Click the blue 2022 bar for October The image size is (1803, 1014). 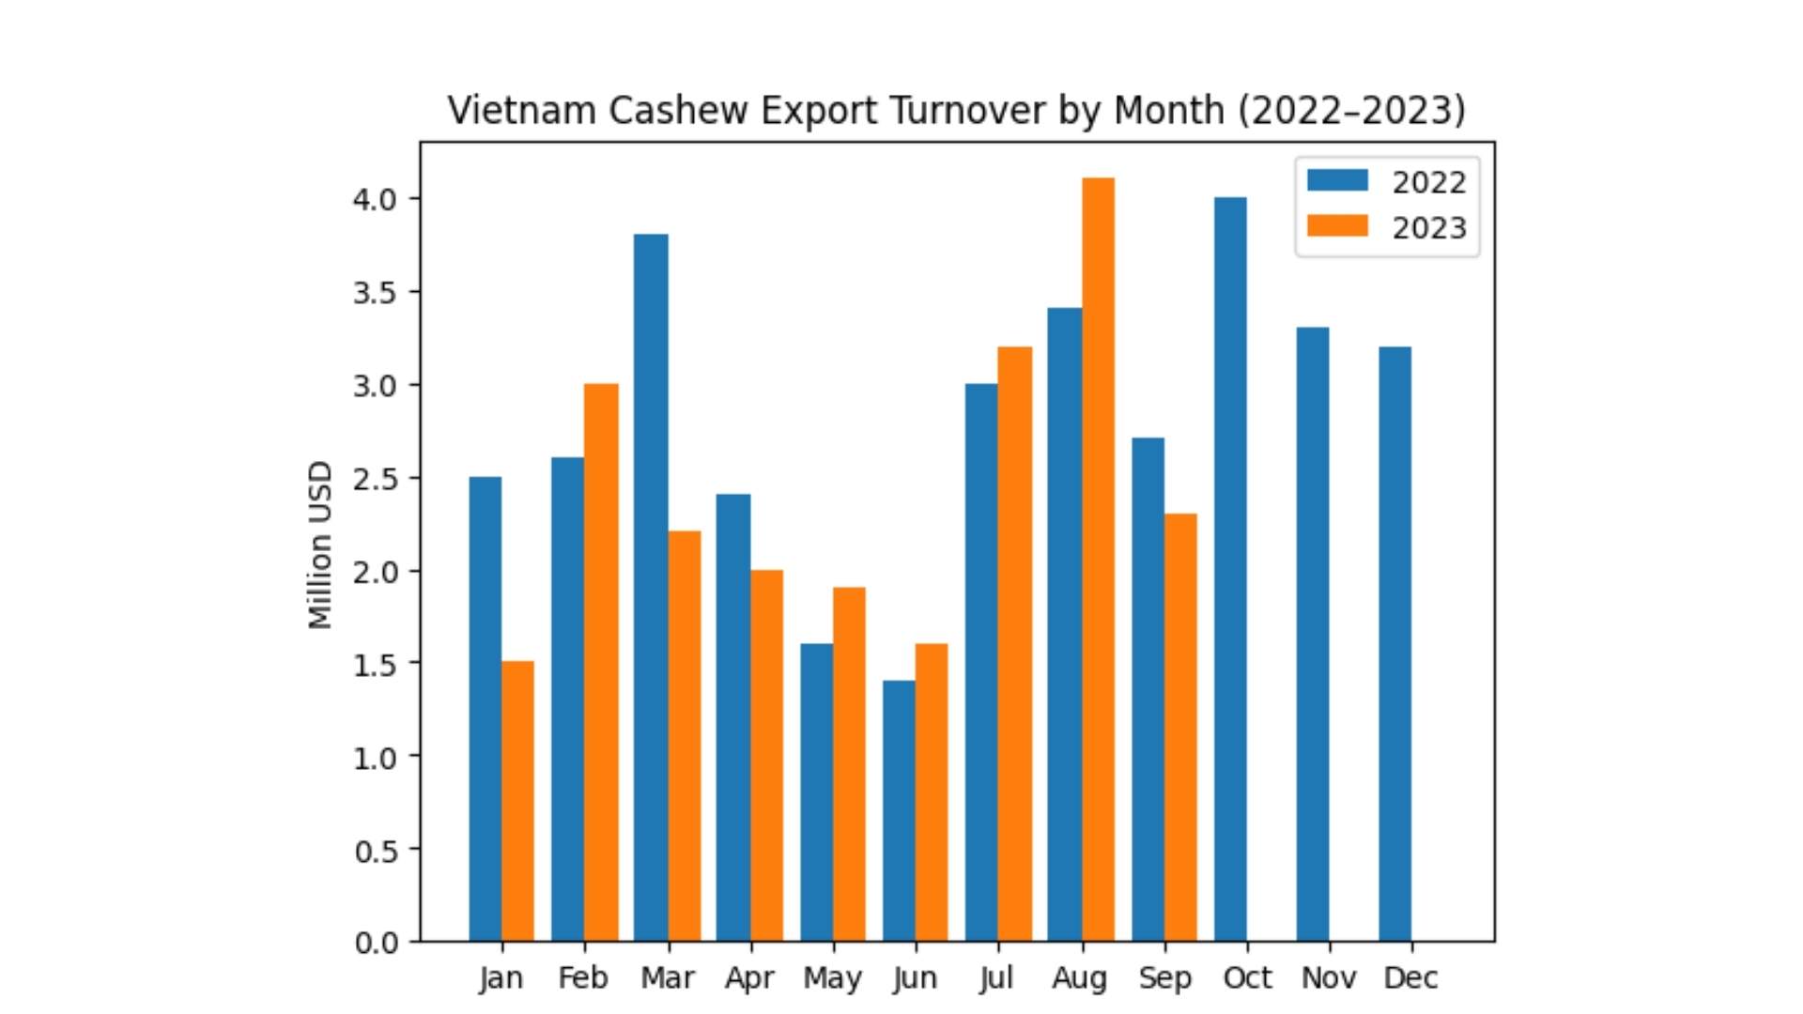[x=1230, y=569]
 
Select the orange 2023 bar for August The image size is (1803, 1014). [x=1098, y=560]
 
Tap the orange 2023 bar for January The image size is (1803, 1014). [x=517, y=801]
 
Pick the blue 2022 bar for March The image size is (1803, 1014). [x=651, y=588]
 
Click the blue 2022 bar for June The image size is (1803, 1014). [x=899, y=810]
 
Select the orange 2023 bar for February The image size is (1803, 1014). [x=601, y=662]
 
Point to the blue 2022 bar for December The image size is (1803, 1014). [x=1395, y=644]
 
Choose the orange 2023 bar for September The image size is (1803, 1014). [x=1180, y=727]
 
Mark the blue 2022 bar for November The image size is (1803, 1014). [x=1313, y=634]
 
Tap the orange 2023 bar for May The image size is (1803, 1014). [x=849, y=764]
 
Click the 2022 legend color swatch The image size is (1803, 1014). [x=1337, y=180]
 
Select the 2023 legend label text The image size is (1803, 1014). [x=1428, y=228]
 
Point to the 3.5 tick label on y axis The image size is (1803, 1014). [x=374, y=293]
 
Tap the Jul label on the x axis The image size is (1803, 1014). [x=996, y=978]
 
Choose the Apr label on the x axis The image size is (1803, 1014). [x=749, y=978]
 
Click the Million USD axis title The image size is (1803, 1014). [x=320, y=545]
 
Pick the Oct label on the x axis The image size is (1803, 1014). [x=1247, y=978]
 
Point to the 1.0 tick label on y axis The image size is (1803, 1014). [x=375, y=758]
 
